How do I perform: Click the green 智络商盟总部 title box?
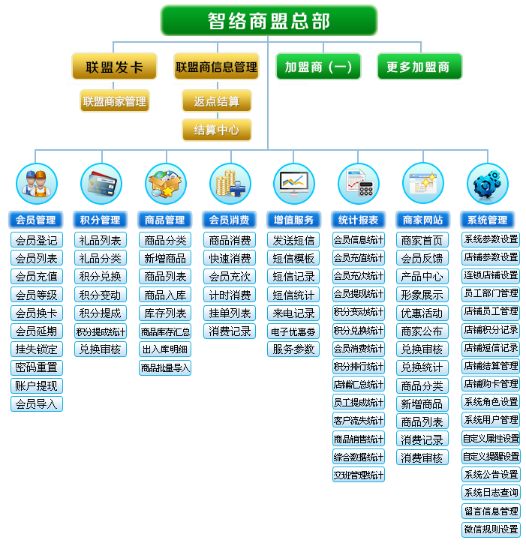point(268,21)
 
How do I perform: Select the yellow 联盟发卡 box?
point(114,67)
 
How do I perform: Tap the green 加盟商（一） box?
point(318,67)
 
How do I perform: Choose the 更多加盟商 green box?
point(419,67)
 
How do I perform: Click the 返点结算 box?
point(216,101)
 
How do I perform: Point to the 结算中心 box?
point(216,130)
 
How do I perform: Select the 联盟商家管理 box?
point(114,101)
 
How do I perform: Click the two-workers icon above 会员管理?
point(37,184)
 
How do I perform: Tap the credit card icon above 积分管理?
point(101,184)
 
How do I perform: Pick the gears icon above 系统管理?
point(487,184)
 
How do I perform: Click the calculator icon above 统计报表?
point(358,184)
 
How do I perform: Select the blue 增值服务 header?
point(293,220)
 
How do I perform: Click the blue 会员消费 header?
point(229,220)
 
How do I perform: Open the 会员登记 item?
point(36,241)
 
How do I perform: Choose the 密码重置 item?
point(36,367)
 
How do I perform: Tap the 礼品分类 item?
point(101,259)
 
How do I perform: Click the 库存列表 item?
point(165,313)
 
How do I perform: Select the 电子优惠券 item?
point(293,331)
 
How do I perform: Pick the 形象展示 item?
point(422,295)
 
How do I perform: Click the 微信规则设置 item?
point(491,529)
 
